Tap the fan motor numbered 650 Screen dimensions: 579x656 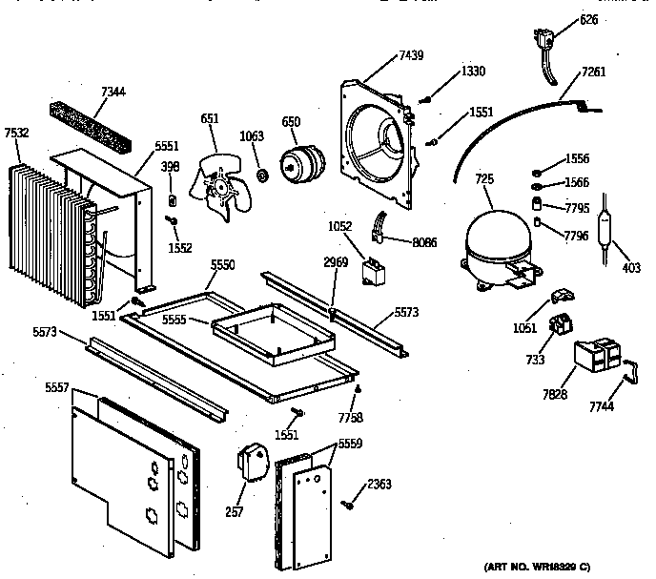[298, 163]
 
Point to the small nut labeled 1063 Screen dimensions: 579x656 [259, 176]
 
